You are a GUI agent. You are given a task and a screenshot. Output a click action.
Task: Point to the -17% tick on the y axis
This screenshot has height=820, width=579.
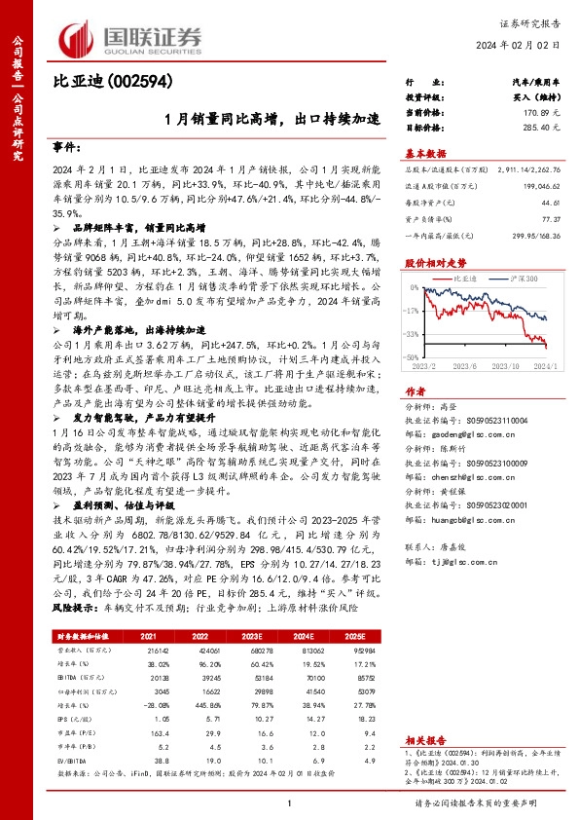pyautogui.click(x=414, y=310)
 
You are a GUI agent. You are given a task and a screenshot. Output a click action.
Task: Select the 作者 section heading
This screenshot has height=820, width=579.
pyautogui.click(x=415, y=386)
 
